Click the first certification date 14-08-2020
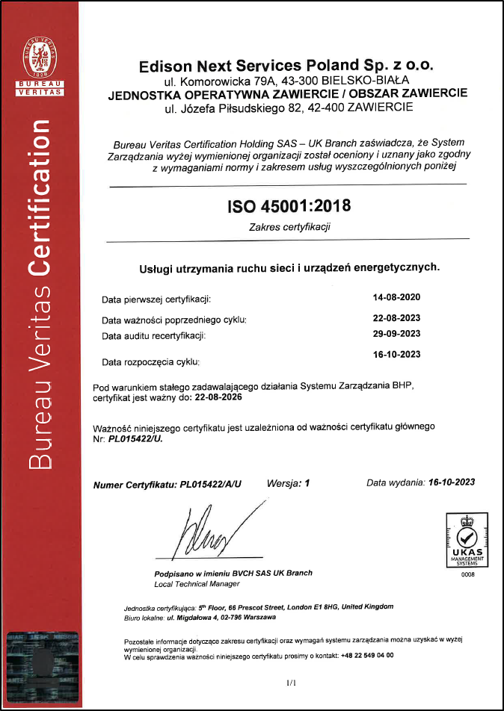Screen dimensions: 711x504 [396, 297]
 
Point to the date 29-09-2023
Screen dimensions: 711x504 [396, 333]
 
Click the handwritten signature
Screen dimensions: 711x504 [217, 531]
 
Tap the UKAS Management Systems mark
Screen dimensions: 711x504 [467, 538]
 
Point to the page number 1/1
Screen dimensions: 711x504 [291, 683]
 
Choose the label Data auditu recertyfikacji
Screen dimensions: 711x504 [153, 335]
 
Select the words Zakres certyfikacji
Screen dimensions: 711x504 [289, 226]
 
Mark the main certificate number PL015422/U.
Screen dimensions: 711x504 [135, 439]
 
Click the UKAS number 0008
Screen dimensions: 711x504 [467, 574]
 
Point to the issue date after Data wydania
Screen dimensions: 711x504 [451, 482]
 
